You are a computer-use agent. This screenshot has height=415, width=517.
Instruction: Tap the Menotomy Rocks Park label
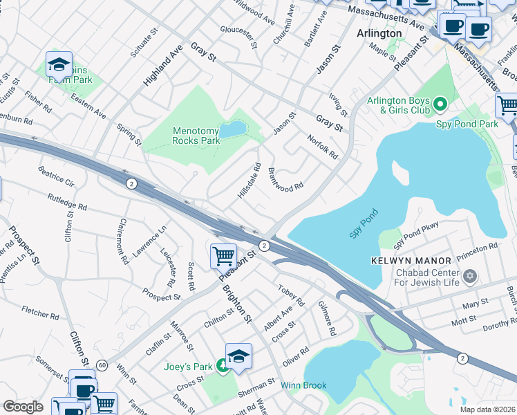click(196, 136)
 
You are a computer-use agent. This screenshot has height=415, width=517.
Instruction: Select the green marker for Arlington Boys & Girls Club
click(440, 105)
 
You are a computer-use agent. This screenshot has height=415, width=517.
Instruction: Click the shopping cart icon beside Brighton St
click(223, 256)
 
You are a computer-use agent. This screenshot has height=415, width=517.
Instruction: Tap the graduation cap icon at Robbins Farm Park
click(59, 64)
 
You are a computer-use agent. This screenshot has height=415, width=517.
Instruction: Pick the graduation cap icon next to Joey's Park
click(238, 356)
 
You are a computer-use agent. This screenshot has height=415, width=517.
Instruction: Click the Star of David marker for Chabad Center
click(471, 277)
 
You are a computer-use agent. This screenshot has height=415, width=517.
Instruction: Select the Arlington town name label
click(379, 33)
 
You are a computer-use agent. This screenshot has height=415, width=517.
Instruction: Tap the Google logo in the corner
click(23, 407)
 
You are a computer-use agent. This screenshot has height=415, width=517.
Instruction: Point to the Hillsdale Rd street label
click(249, 181)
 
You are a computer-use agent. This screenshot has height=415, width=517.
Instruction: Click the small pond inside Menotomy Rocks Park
click(232, 129)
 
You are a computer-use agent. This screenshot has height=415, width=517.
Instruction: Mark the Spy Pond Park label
click(467, 124)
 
